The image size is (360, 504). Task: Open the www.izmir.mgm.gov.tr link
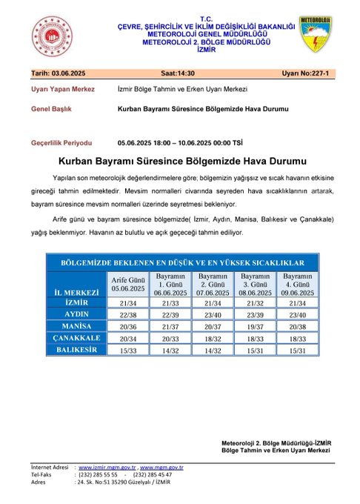pos(107,468)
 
